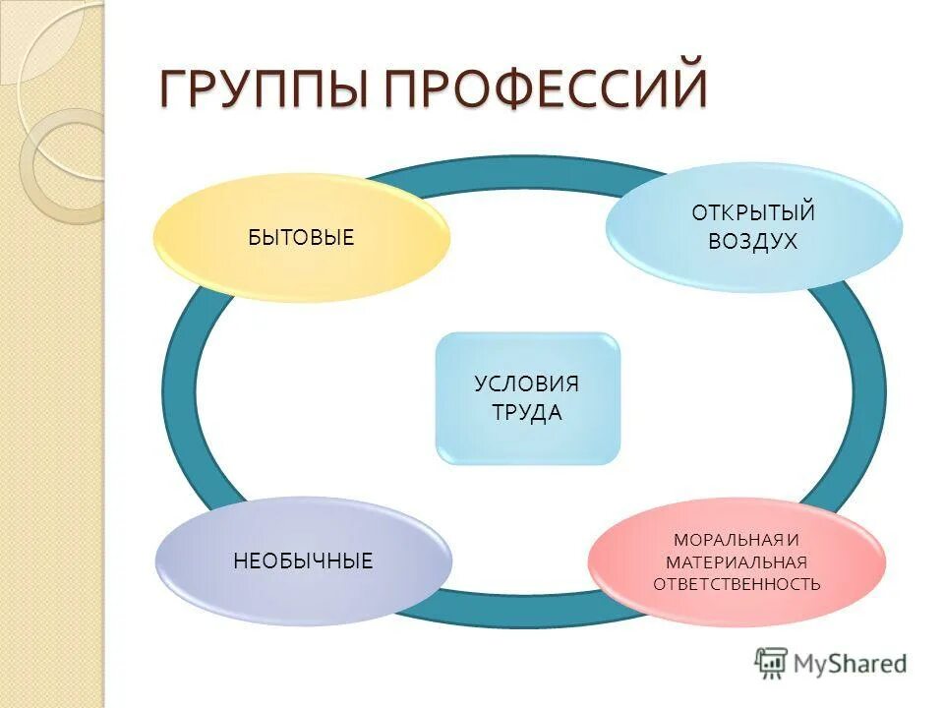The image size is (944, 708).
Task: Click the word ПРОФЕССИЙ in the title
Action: pos(545,89)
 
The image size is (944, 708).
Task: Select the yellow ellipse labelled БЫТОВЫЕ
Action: pos(301,237)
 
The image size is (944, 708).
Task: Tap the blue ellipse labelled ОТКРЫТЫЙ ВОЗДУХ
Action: pos(753,227)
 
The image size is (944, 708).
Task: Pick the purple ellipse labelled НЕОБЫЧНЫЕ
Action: pos(303,561)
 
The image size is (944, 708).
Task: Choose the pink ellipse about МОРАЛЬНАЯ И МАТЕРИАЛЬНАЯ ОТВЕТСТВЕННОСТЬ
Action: pos(737,561)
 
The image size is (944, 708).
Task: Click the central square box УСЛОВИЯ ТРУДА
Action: pos(528,397)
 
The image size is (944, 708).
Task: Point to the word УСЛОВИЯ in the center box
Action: pos(527,383)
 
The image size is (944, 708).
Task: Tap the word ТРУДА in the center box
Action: pos(527,412)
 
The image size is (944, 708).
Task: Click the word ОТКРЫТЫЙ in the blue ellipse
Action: pos(753,212)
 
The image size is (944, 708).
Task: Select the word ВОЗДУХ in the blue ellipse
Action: pos(753,241)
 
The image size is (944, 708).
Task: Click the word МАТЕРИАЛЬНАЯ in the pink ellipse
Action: pos(737,561)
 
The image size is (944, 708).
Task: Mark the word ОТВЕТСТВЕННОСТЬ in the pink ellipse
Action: pos(737,584)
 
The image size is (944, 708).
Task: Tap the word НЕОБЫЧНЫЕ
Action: pos(303,561)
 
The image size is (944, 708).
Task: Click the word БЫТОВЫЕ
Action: pos(301,237)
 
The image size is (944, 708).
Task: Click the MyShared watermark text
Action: pos(851,664)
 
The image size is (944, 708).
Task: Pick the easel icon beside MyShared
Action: pos(771,663)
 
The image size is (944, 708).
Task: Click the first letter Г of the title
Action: pos(176,90)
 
